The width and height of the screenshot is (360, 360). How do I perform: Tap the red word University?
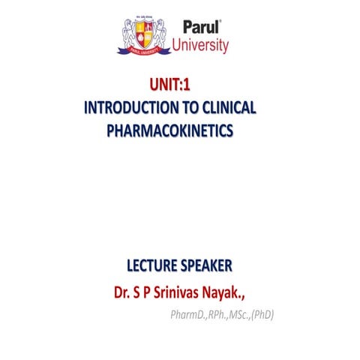200,46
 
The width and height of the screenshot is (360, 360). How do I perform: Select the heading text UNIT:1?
171,87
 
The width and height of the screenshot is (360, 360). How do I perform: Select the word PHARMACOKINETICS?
171,130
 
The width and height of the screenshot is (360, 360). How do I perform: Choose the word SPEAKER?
205,266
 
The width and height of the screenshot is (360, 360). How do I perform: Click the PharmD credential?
188,314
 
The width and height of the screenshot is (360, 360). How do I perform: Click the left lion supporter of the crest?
127,34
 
